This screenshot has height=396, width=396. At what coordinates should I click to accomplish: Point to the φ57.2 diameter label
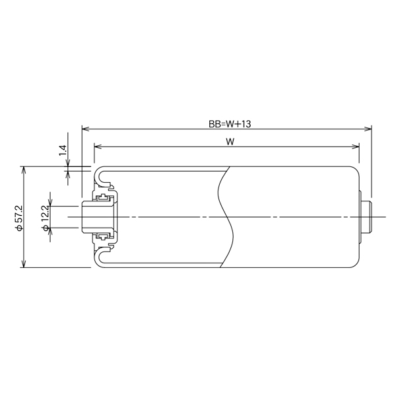(18, 217)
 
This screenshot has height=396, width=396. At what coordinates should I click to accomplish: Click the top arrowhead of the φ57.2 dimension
(24, 169)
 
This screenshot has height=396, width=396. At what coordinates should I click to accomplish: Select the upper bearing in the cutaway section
(103, 198)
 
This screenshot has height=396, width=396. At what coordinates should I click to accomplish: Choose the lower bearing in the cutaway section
(103, 236)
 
